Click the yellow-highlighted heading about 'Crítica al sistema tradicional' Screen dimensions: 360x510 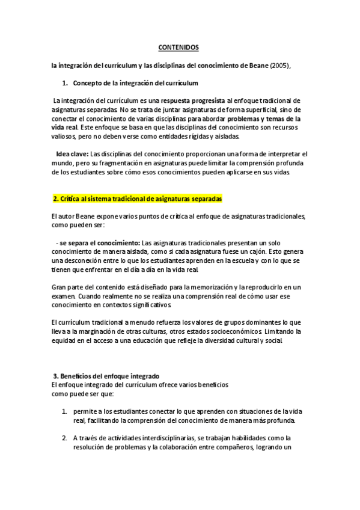[x=138, y=198]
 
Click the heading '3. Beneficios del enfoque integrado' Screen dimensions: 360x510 [x=106, y=376]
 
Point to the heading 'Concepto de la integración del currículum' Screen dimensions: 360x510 [x=135, y=82]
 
